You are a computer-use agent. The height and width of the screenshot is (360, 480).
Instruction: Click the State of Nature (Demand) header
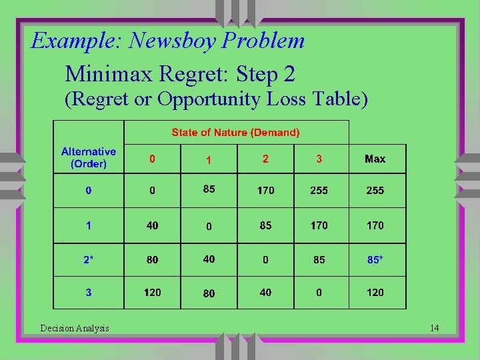(x=235, y=133)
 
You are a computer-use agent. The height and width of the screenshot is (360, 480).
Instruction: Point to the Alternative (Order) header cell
(x=89, y=157)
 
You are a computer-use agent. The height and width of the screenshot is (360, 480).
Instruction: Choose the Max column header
(x=375, y=159)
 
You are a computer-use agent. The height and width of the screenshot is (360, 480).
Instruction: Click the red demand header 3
(x=319, y=159)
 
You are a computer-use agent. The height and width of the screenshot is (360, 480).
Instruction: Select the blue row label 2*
(x=89, y=259)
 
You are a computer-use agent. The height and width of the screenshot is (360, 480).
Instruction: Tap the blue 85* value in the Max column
(x=375, y=259)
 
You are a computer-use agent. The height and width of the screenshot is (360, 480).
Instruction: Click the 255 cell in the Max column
(x=375, y=191)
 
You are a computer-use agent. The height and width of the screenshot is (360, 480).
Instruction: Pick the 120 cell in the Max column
(x=375, y=292)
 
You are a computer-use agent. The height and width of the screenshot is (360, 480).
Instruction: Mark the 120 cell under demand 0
(x=153, y=292)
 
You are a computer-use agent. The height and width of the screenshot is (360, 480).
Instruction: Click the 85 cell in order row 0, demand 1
(x=209, y=189)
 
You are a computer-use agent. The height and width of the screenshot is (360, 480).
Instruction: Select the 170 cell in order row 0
(x=265, y=191)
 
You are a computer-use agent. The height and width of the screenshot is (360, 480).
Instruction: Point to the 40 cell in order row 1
(x=153, y=225)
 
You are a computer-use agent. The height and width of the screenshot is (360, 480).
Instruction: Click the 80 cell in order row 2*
(x=153, y=259)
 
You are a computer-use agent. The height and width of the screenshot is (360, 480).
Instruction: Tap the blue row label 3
(x=89, y=292)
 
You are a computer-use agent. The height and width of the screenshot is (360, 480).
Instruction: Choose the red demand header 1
(x=209, y=160)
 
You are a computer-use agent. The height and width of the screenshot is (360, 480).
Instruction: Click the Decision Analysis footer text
(x=75, y=328)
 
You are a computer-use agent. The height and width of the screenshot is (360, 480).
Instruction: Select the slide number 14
(x=434, y=328)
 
